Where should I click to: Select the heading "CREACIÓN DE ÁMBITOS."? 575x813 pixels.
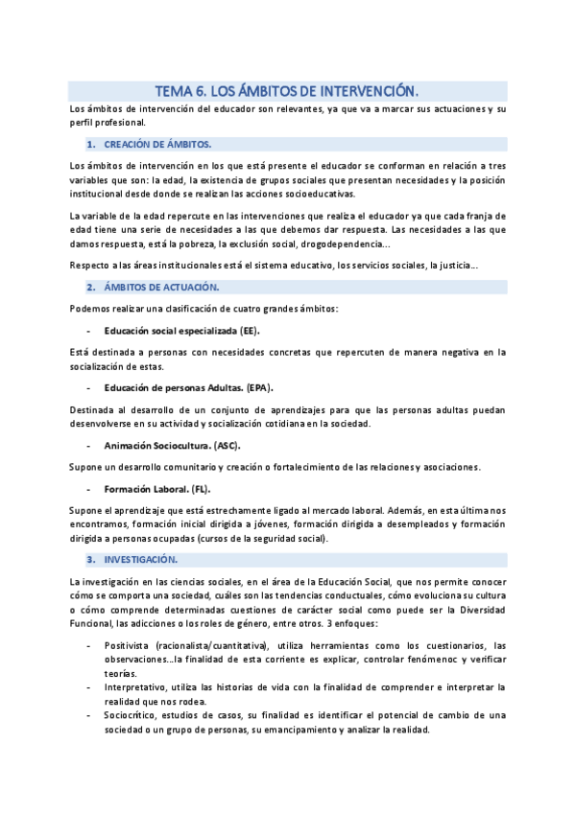[157, 144]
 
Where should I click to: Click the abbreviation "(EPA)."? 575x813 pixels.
[258, 387]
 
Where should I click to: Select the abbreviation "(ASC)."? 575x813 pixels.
[227, 445]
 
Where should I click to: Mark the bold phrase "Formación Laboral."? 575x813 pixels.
[146, 488]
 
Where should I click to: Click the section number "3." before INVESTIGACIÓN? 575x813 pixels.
[90, 558]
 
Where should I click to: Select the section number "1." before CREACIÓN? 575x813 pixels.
[90, 144]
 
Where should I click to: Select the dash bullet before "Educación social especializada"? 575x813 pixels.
[88, 331]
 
